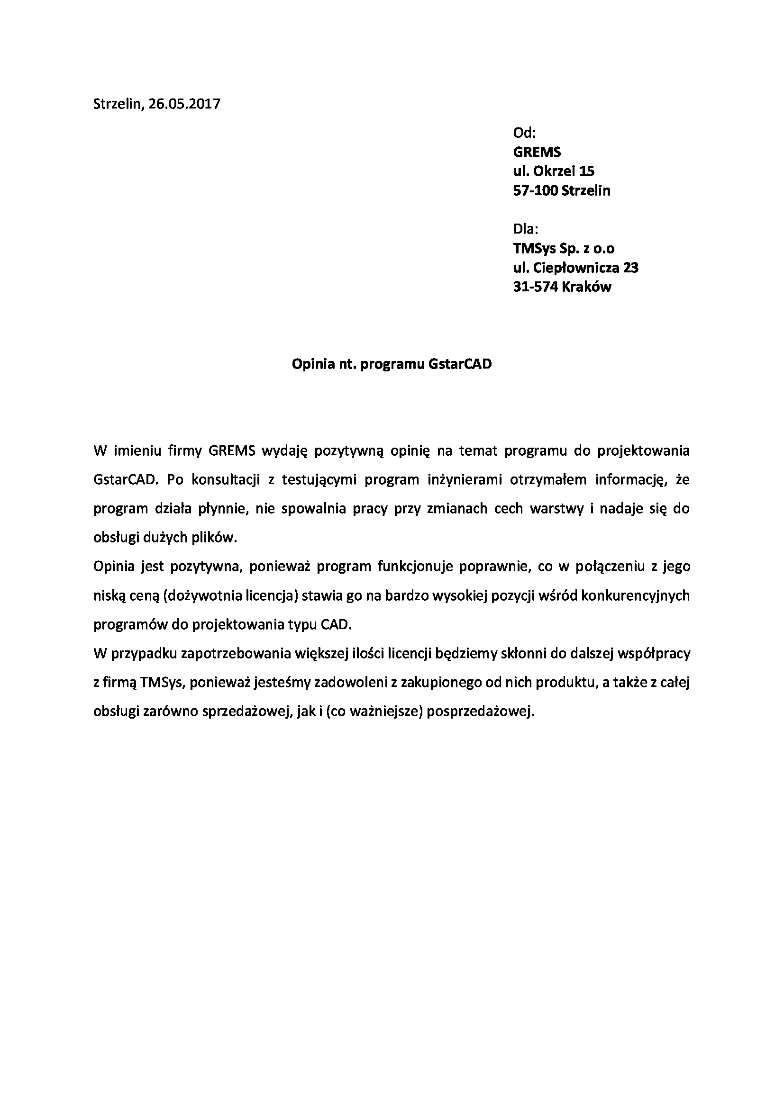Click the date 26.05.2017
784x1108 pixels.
184,104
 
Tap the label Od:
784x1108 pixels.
524,133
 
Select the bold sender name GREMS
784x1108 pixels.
537,152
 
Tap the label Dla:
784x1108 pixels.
526,229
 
